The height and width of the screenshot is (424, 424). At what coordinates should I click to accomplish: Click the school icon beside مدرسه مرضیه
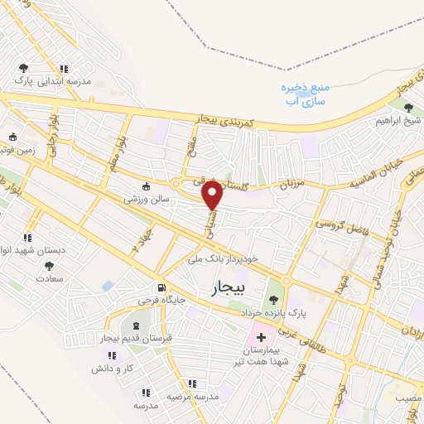point(192,383)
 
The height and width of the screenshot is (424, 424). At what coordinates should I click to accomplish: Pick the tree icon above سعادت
point(49,266)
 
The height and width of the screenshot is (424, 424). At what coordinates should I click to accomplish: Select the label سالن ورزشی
point(147,200)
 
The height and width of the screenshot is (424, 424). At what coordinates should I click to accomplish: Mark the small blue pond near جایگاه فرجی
point(108,286)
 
